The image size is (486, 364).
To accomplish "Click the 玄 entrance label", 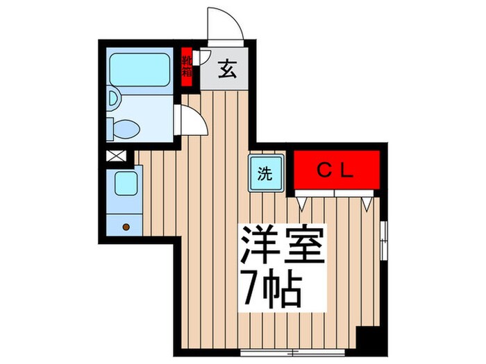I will (x=226, y=70).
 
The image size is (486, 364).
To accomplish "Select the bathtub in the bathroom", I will (x=140, y=71).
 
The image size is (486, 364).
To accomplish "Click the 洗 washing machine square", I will (x=266, y=174).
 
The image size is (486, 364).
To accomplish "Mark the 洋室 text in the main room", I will (x=282, y=244).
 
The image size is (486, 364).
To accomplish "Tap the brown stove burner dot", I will (x=126, y=226).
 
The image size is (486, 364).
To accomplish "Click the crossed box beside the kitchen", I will (x=115, y=157).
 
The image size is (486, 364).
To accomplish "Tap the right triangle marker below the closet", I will (x=366, y=202).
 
